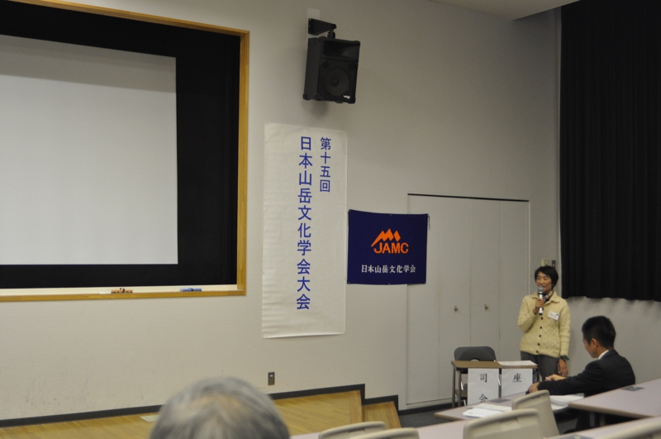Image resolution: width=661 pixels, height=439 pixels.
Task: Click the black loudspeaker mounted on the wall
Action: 331,69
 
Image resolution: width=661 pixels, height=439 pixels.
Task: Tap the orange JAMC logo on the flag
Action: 390,241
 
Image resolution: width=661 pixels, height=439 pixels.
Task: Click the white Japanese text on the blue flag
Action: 388,269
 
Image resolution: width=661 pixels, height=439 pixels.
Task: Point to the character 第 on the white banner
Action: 326,143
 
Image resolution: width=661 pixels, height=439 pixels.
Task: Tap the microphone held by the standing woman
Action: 540,300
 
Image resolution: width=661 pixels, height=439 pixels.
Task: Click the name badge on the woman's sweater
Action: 554,315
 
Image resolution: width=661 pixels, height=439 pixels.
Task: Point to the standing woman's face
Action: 543,282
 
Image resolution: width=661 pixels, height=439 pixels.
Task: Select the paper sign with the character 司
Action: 483,385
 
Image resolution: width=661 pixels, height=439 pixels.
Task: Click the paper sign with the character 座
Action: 517,382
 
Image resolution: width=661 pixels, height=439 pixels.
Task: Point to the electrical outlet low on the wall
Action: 271,378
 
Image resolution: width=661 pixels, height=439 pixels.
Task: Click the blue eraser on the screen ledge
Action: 191,289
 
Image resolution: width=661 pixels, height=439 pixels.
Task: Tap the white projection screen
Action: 88,150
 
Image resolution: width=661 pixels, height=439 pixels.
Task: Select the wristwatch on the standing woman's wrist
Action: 564,359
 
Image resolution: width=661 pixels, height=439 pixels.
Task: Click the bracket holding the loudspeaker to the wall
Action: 322,27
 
